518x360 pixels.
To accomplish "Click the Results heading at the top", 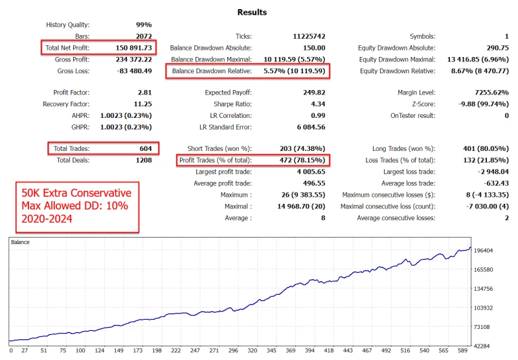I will pos(252,12).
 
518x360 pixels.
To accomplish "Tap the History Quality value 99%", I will pos(144,25).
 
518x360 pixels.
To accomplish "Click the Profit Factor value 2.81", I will pos(144,93).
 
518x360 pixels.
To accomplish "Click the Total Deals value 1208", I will pos(142,160).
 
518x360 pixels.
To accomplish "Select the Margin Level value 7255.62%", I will pos(487,93).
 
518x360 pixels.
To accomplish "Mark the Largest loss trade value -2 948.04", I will pos(487,172).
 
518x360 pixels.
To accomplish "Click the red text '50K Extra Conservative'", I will pos(76,193).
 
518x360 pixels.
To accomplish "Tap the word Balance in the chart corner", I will pos(21,242).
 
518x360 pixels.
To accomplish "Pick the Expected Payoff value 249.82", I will pos(313,93).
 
